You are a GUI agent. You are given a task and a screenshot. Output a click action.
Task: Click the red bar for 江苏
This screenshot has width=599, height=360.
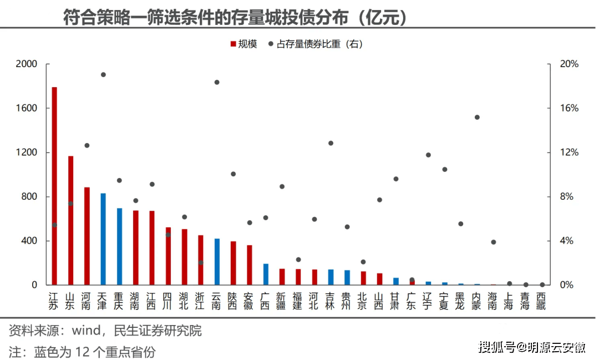coord(54,186)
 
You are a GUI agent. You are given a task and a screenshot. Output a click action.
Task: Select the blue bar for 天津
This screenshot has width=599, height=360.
coord(103,239)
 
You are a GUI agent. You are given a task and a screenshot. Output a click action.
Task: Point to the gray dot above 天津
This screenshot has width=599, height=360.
coord(103,74)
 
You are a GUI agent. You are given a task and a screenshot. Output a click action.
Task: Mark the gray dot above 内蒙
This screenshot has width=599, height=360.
coord(477,117)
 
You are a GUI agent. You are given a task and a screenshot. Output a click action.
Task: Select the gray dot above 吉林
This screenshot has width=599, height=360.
coord(331,143)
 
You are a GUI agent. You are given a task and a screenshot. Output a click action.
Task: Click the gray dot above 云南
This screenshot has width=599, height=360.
coord(217,82)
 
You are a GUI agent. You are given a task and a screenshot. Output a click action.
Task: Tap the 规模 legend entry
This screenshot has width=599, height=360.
coord(243,44)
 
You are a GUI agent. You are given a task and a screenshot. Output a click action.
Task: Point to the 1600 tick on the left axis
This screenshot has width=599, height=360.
coord(26,108)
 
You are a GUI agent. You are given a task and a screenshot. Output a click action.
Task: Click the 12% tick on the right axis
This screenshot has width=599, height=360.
coord(568,153)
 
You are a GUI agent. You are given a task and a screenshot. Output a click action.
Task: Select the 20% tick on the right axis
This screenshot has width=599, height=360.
coord(568,64)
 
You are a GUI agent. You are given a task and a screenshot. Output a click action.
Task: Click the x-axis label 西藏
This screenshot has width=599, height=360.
coord(541,300)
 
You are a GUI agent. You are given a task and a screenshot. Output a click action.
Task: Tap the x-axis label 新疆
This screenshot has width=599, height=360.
coord(282,300)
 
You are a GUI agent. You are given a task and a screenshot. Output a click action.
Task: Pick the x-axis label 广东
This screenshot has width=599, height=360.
coord(412,300)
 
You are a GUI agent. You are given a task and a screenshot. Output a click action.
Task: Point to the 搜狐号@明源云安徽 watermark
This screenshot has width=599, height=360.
coord(532,348)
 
